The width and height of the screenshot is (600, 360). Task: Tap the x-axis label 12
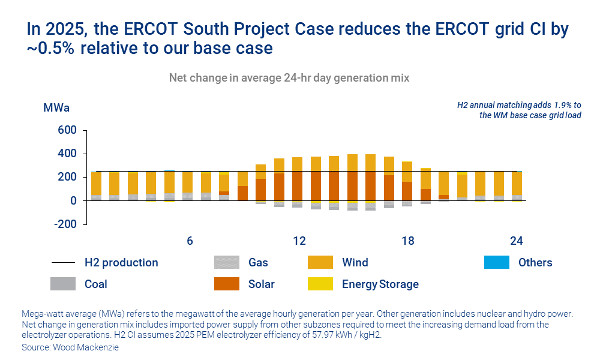click(x=299, y=241)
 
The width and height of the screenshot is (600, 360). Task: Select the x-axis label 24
click(x=517, y=241)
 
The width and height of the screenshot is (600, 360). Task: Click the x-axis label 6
click(x=190, y=241)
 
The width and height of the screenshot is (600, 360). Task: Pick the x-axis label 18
click(x=408, y=241)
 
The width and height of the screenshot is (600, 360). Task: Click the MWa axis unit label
click(x=56, y=108)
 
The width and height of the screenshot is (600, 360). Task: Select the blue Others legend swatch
click(x=497, y=262)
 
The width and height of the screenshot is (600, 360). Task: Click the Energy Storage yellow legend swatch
click(x=320, y=284)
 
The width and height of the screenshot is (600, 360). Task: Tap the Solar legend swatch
click(x=226, y=284)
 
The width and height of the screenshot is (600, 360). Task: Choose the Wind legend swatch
click(x=320, y=262)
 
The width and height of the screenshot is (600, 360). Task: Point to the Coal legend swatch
click(x=62, y=284)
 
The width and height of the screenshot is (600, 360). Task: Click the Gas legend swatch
click(x=226, y=262)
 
